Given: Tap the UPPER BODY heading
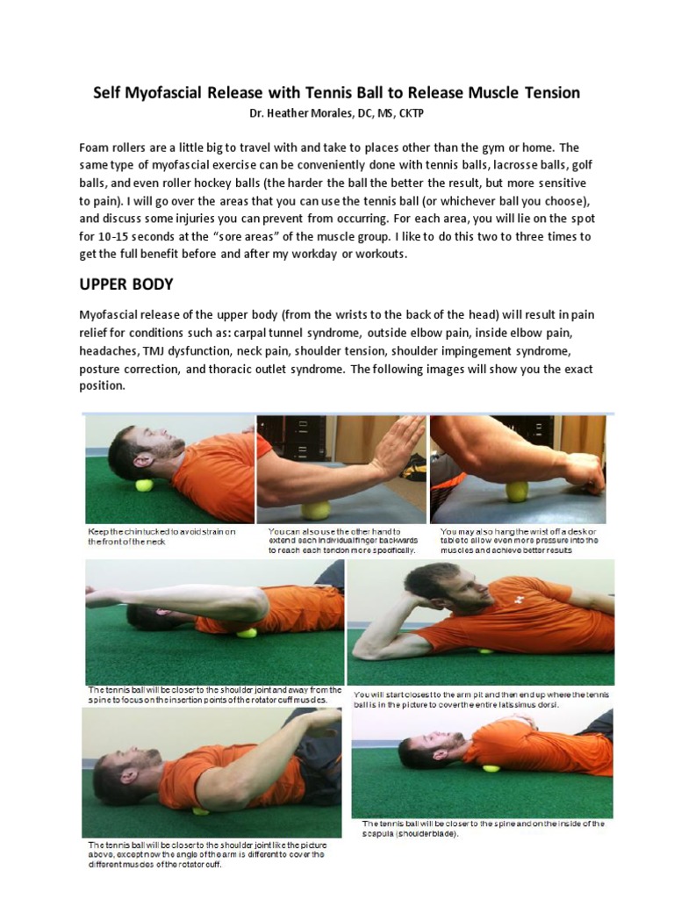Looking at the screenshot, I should pos(126,285).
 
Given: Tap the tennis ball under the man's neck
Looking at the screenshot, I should pos(144,485).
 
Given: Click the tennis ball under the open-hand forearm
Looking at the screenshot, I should pos(316,510).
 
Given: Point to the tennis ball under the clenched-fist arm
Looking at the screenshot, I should pos(517,492).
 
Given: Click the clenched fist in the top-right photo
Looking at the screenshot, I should pos(585,474).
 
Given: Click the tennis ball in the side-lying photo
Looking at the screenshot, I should pos(485,650).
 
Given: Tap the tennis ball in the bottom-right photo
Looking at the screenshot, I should pos(491,767).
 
